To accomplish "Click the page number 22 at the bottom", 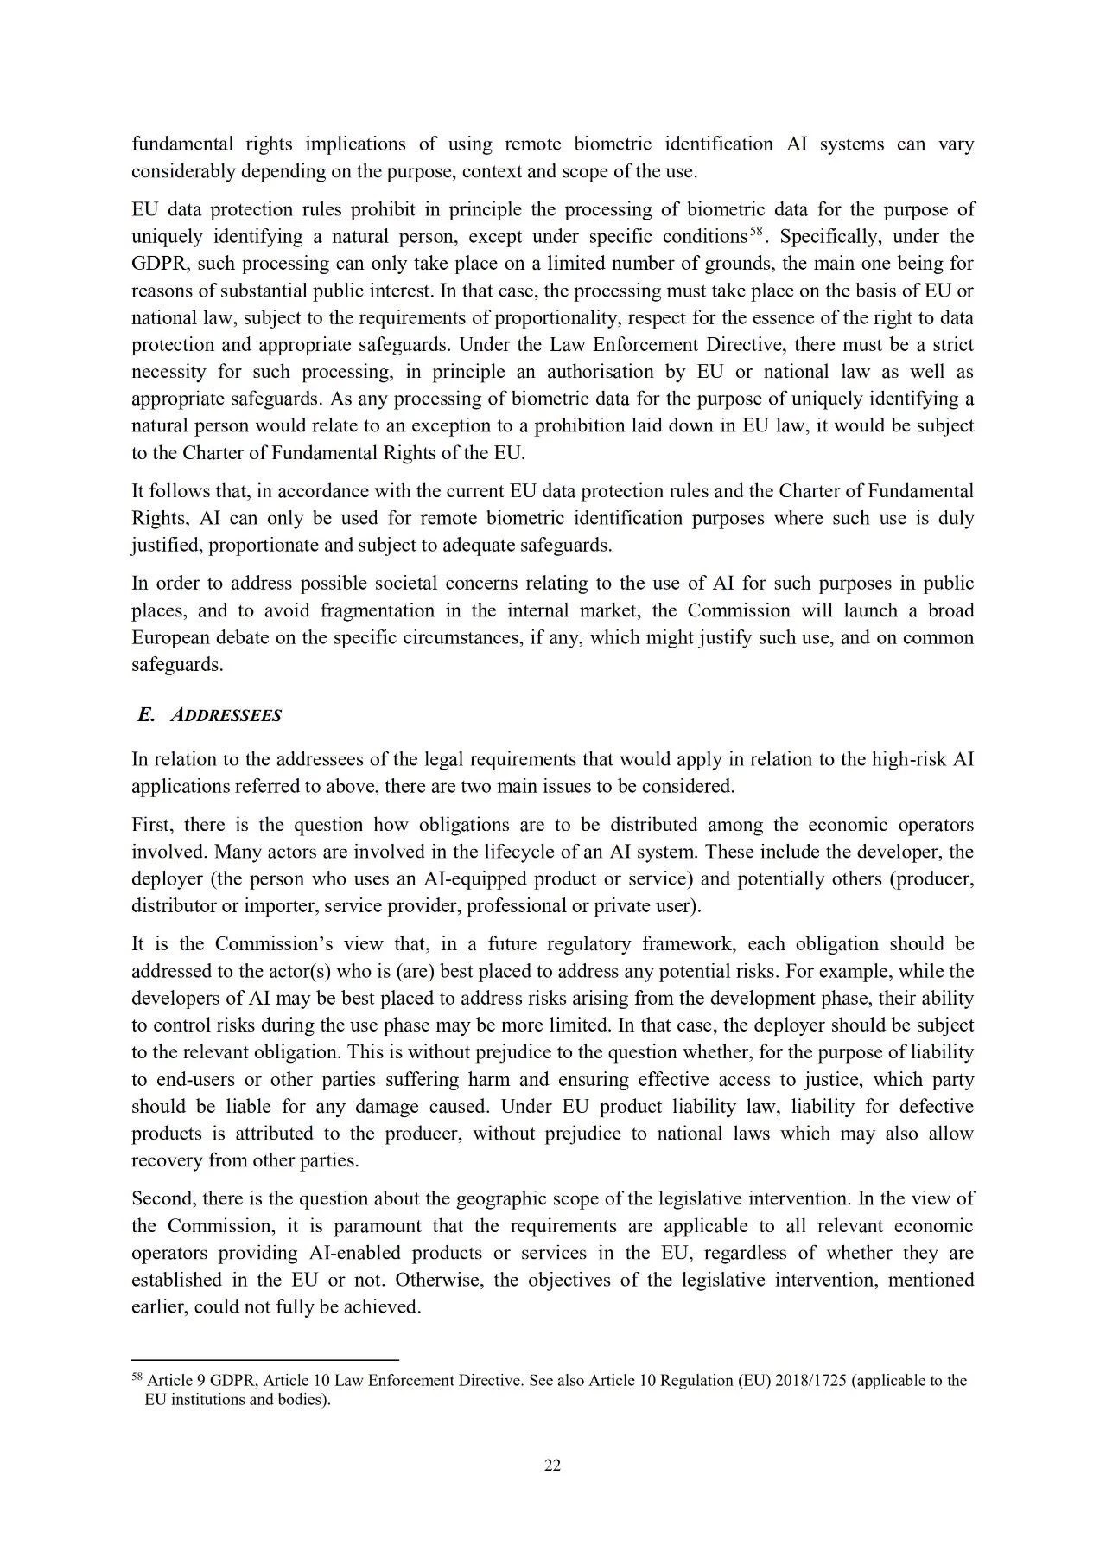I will click(552, 1465).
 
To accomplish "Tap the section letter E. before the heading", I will click(146, 715).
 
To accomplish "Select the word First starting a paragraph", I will click(152, 825).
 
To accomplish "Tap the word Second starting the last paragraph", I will click(162, 1199).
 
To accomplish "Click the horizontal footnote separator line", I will click(264, 1358).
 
